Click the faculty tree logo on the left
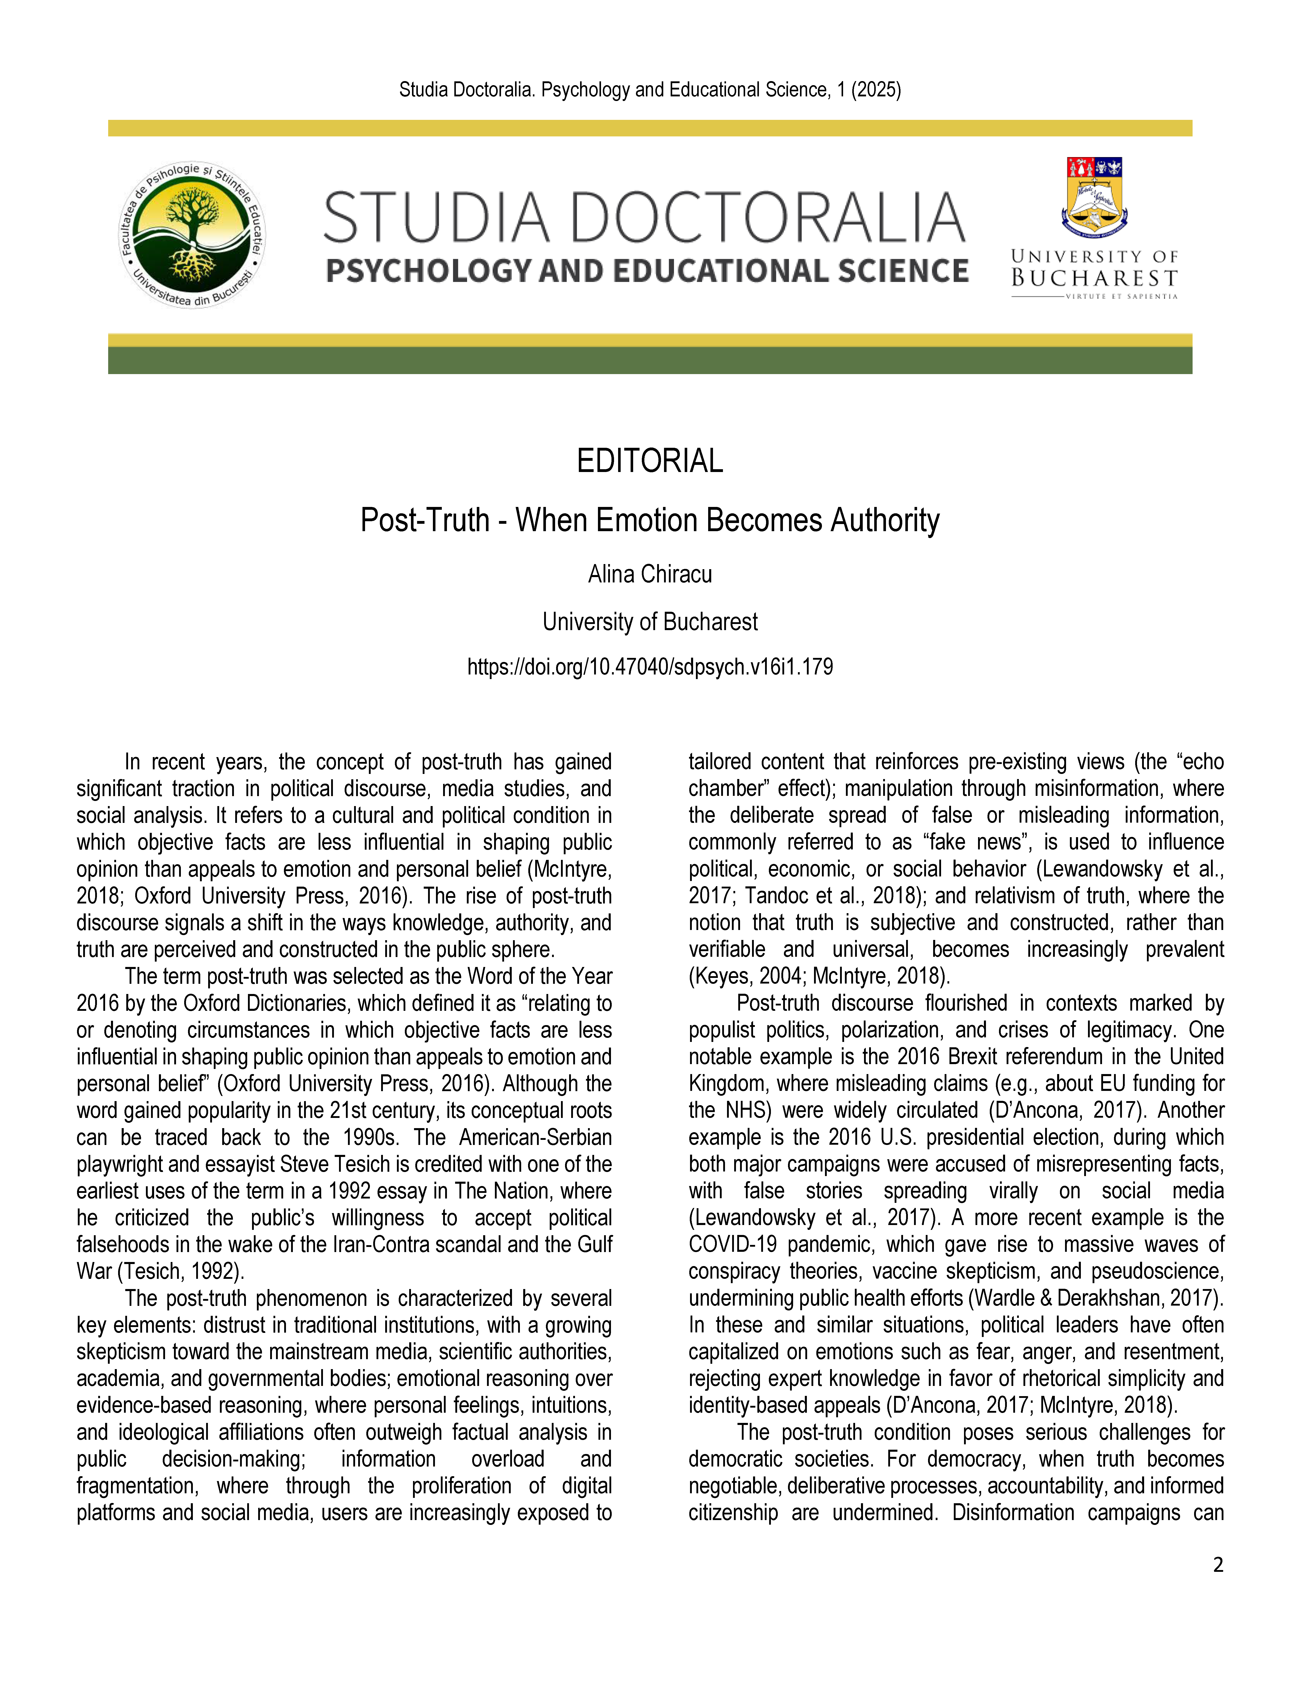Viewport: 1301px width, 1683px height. [193, 235]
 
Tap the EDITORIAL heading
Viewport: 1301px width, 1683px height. [650, 461]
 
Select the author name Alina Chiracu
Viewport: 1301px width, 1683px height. [650, 574]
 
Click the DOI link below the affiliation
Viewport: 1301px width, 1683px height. [650, 667]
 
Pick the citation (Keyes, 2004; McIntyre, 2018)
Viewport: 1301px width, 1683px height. [819, 976]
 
